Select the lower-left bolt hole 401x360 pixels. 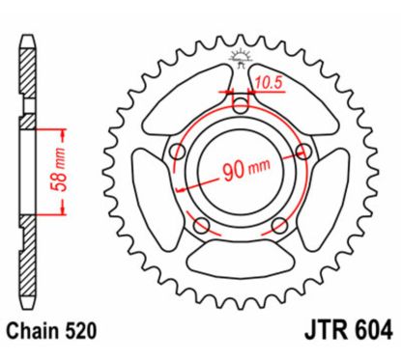click(201, 225)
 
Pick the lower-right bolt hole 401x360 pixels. click(280, 225)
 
